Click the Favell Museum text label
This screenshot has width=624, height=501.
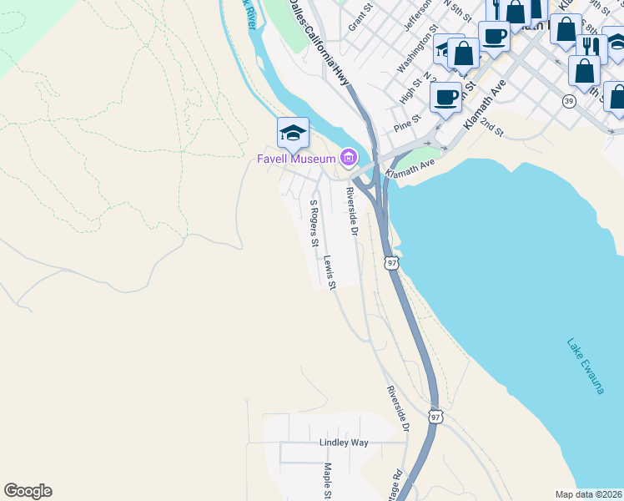pos(295,159)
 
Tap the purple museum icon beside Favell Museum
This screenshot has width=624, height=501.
pos(348,157)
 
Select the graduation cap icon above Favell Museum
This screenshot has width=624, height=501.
pos(293,133)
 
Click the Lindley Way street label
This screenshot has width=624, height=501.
pos(343,442)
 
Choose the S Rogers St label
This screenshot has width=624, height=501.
pos(315,223)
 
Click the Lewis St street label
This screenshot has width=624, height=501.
pos(330,272)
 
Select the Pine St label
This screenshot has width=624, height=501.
pos(405,125)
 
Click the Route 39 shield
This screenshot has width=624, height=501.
pos(568,101)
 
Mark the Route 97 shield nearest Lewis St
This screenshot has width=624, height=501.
pos(391,262)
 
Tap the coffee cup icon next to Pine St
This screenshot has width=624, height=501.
pos(446,96)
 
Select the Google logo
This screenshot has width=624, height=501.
pos(28,491)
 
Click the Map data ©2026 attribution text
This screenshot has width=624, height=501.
pos(588,494)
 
